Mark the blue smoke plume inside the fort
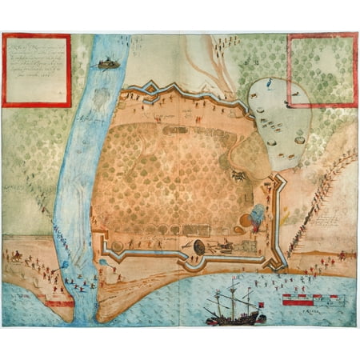[x=258, y=214]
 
